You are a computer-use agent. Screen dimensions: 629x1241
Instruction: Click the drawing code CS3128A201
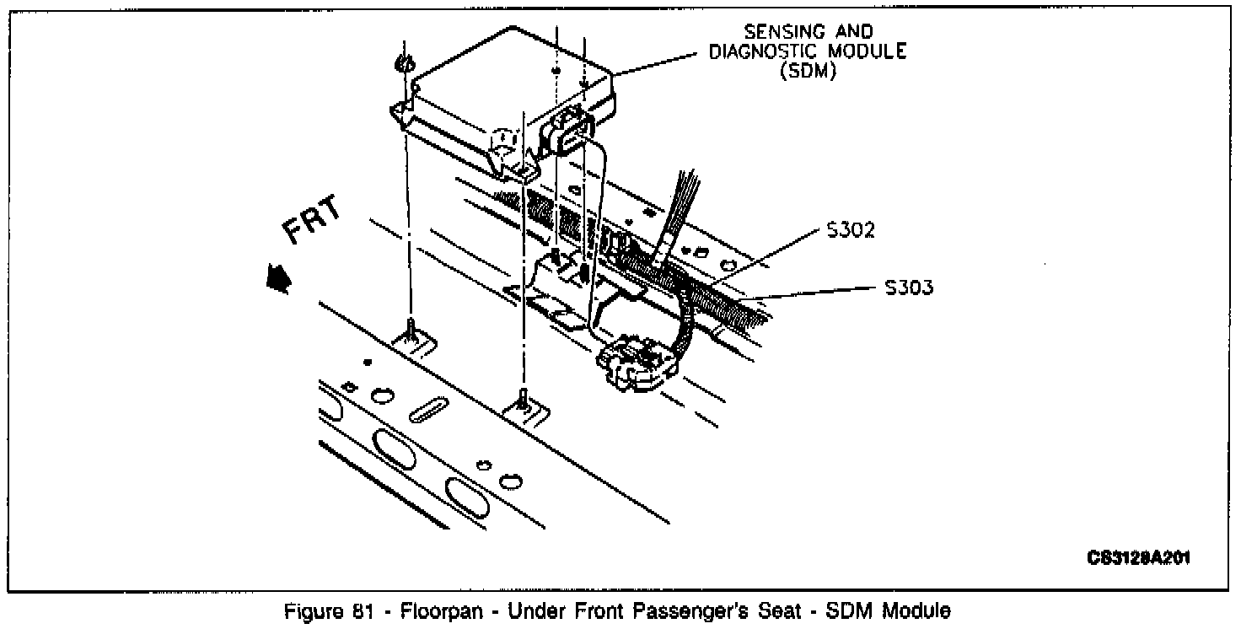point(1138,558)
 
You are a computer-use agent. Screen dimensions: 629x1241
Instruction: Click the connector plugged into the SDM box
point(569,132)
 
